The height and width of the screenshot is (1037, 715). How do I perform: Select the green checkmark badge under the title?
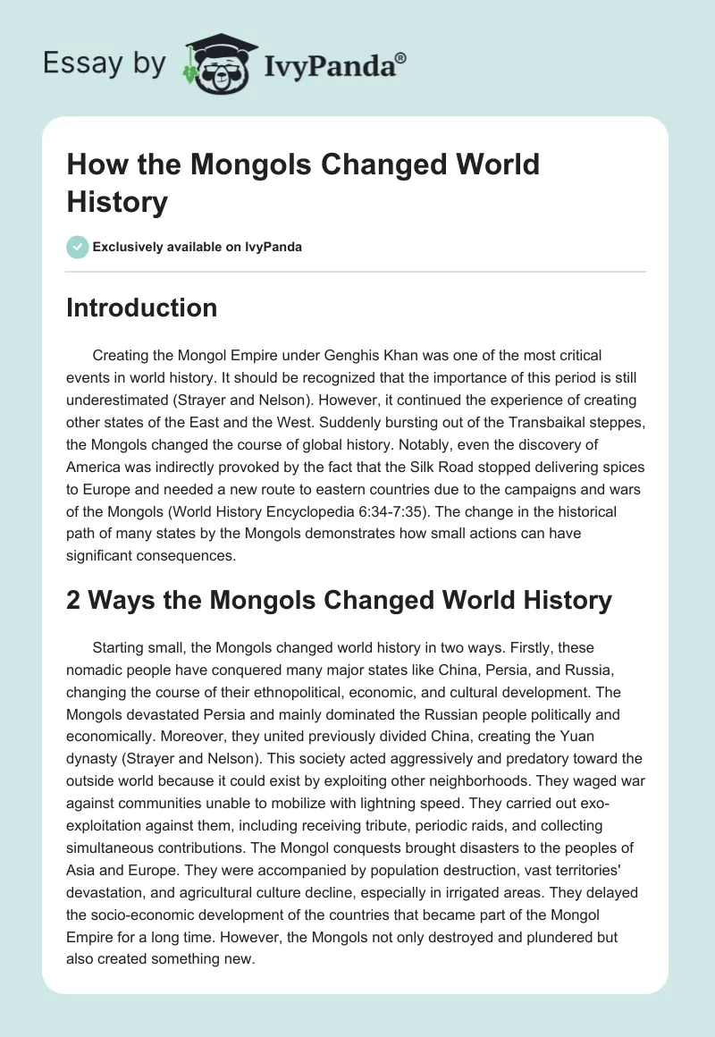(x=78, y=247)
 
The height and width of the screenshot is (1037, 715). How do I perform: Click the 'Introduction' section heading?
(x=141, y=308)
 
